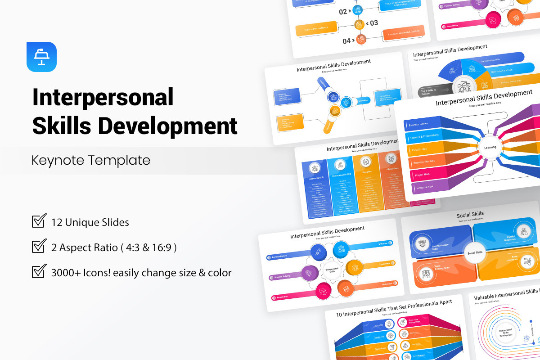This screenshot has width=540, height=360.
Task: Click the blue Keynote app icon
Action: coord(41,57)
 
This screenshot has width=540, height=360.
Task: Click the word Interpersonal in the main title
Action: coord(103,97)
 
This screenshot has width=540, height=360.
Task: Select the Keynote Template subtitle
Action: coord(90,160)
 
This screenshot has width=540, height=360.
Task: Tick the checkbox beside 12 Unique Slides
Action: coord(39,221)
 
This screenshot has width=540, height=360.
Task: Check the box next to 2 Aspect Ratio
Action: coord(39,247)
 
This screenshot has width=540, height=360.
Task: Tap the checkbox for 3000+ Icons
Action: coord(39,272)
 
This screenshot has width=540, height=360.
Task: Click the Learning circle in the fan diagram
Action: coord(490,147)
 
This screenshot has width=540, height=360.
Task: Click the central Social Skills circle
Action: coord(474,252)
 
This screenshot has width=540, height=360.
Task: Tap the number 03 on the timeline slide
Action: coord(373,23)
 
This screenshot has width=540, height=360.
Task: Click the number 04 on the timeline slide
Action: coord(346,41)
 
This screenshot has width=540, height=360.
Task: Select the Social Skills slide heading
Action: coord(470,215)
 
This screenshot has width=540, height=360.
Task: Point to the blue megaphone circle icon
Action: coord(318,252)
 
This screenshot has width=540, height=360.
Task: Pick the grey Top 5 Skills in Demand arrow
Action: coord(433,91)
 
